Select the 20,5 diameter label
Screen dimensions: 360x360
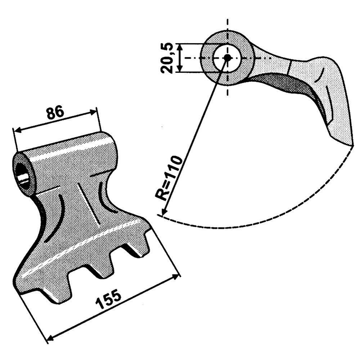point(168,58)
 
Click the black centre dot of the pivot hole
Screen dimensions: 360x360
point(227,58)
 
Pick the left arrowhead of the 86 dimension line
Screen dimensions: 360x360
point(16,130)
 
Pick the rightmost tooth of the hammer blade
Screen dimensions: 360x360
point(139,248)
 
